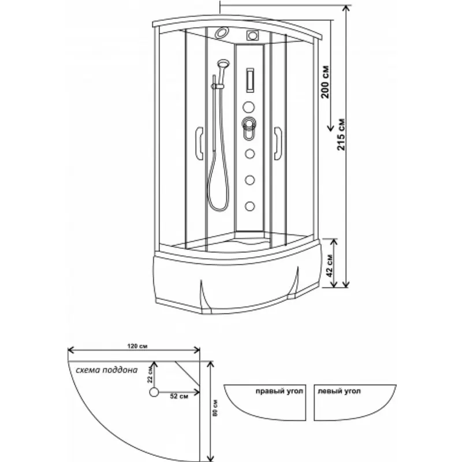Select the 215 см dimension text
341,136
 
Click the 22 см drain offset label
150,375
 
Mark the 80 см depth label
215,409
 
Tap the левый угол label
340,391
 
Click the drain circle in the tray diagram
154,392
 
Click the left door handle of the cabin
199,142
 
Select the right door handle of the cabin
278,141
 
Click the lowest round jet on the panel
250,204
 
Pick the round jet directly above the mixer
249,106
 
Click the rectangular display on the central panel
249,79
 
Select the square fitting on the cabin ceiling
251,35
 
